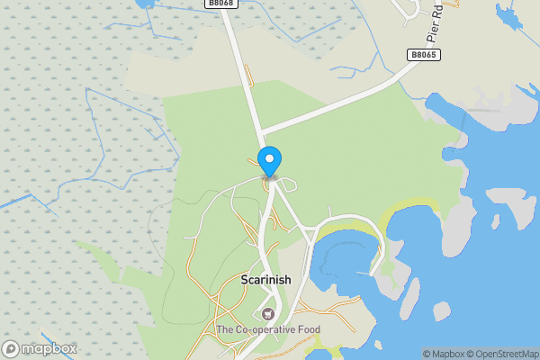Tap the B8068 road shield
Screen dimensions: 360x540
[x=220, y=4]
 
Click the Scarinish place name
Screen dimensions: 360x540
[x=266, y=280]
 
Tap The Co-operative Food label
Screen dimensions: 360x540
[x=267, y=330]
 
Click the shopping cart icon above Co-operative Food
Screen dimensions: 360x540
[x=267, y=314]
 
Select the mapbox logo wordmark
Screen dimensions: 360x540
[x=50, y=349]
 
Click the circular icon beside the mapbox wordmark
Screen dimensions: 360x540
[x=12, y=349]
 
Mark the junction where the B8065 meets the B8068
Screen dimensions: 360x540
[x=262, y=136]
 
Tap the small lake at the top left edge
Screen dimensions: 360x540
[x=144, y=3]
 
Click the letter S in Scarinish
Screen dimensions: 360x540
[x=245, y=280]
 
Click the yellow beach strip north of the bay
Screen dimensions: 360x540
[x=409, y=212]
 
